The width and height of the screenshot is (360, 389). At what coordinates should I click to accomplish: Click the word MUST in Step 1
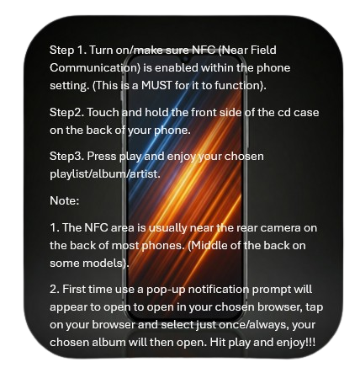click(x=156, y=85)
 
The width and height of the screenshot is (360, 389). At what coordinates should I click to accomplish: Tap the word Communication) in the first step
click(x=95, y=68)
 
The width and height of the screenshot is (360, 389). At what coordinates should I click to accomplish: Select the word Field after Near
click(x=263, y=50)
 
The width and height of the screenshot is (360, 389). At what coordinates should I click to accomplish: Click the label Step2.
click(x=66, y=113)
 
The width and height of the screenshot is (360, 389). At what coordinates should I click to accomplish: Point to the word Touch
click(x=103, y=113)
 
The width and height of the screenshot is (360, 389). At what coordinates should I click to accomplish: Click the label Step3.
click(x=66, y=157)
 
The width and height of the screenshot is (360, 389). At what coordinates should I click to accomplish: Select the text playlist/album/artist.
click(x=105, y=174)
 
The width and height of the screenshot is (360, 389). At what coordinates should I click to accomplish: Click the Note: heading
click(x=65, y=200)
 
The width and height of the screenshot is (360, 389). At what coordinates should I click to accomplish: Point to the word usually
click(x=167, y=228)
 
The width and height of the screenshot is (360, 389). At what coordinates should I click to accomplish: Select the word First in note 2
click(x=74, y=289)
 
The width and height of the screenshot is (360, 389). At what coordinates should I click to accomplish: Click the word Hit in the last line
click(x=218, y=343)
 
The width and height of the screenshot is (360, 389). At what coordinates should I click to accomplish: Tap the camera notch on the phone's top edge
click(x=185, y=59)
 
